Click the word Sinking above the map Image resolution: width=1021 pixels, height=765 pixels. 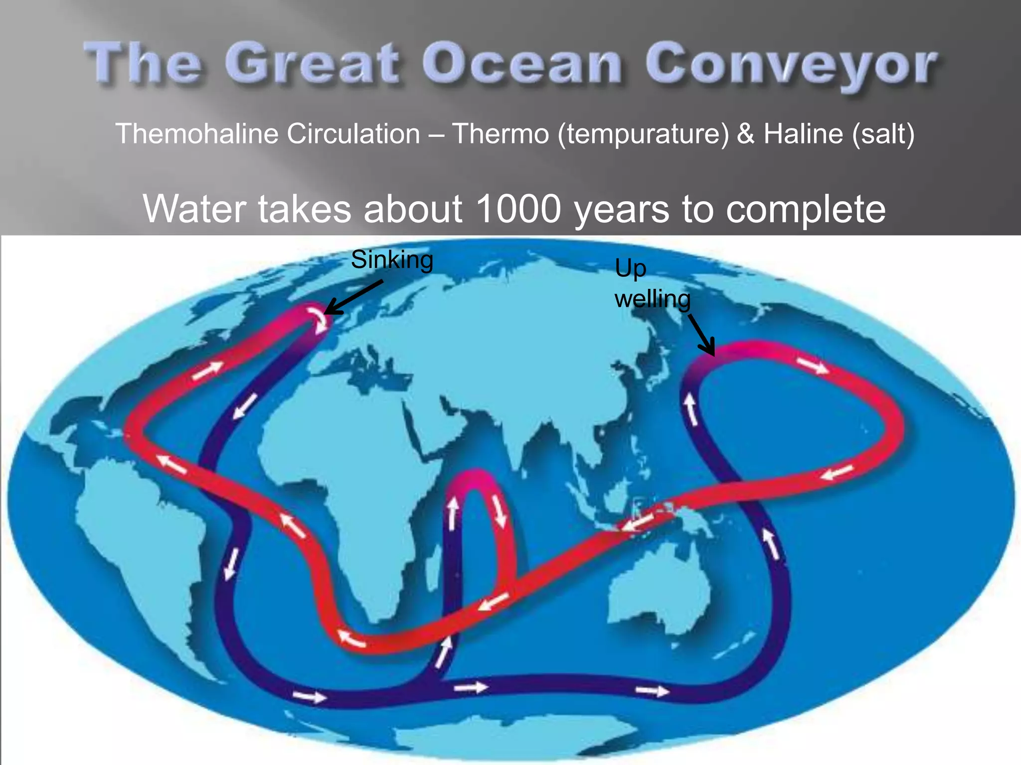point(392,260)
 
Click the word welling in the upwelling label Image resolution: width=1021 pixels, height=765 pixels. point(652,299)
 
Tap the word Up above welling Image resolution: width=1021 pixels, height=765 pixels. point(630,269)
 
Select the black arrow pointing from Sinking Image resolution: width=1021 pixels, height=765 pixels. point(353,298)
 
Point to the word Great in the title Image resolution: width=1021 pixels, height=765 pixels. point(312,65)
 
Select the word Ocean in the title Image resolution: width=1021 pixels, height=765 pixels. point(522,65)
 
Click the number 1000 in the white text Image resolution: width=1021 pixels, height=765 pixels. point(518,209)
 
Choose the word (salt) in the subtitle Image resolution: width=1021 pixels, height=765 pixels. point(883,134)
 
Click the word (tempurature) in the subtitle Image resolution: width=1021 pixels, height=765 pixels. point(643,134)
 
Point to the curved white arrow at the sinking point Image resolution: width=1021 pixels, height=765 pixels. point(318,319)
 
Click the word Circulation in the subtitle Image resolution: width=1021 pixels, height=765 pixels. point(353,134)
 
